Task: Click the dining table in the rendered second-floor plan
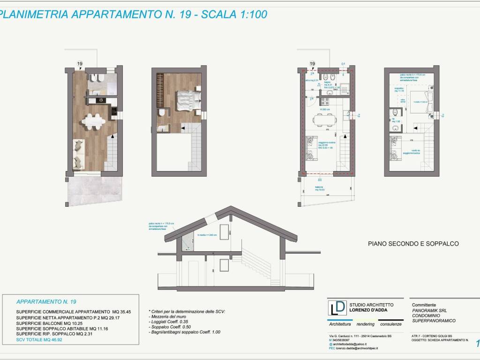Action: point(94,121)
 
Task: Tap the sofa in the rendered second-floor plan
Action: point(78,154)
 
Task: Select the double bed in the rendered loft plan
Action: point(188,100)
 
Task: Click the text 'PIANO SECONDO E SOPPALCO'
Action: point(413,244)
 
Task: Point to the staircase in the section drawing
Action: point(255,265)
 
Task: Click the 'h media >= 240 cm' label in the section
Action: point(208,235)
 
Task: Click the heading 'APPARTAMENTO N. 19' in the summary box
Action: point(46,302)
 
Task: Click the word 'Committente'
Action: point(424,304)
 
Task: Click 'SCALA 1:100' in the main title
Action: point(234,15)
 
